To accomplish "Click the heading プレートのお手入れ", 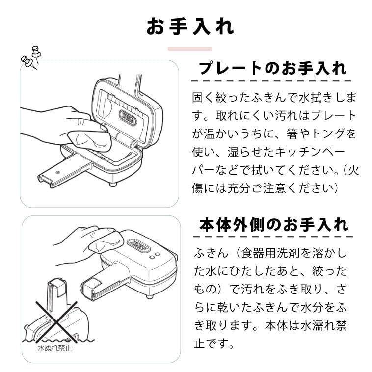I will tap(272, 68).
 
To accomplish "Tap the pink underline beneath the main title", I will tap(189, 49).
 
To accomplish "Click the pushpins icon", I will tap(30, 56).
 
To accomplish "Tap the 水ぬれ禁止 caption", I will tap(54, 349).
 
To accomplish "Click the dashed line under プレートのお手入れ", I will tap(272, 80).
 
